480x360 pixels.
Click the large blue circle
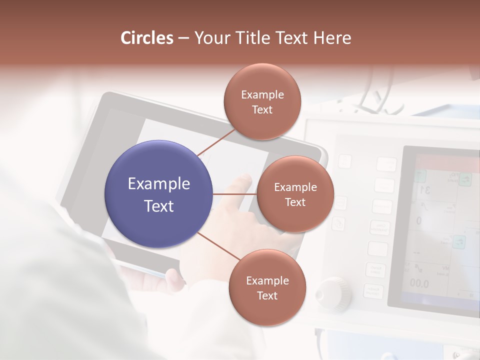pyautogui.click(x=158, y=194)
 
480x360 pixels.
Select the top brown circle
pyautogui.click(x=262, y=101)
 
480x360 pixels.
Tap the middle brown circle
pyautogui.click(x=295, y=194)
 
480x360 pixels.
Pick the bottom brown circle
pyautogui.click(x=267, y=287)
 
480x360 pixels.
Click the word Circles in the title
pyautogui.click(x=147, y=38)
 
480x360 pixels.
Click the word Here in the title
pyautogui.click(x=332, y=38)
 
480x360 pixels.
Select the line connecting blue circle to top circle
pyautogui.click(x=216, y=142)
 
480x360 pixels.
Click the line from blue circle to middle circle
pyautogui.click(x=234, y=194)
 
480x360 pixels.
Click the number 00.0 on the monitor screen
pyautogui.click(x=419, y=283)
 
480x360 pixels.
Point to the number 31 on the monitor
pyautogui.click(x=425, y=190)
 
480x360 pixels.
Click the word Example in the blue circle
pyautogui.click(x=158, y=183)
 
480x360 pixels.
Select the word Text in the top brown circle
pyautogui.click(x=262, y=109)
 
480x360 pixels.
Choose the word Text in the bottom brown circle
pyautogui.click(x=267, y=295)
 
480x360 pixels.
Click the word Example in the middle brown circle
pyautogui.click(x=295, y=187)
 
